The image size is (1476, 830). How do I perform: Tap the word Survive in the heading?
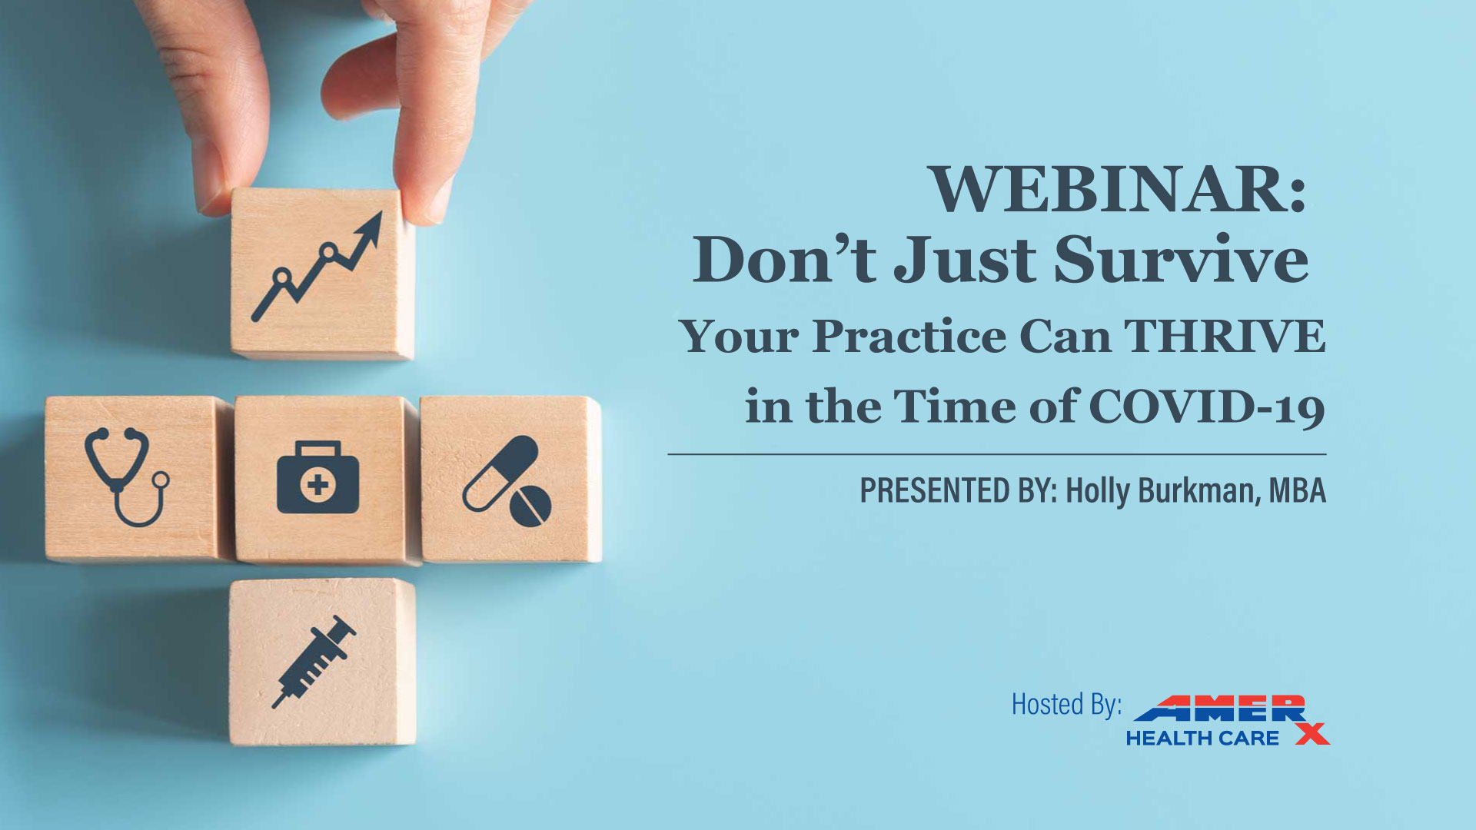pos(1181,260)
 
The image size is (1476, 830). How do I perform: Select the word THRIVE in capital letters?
pos(1225,336)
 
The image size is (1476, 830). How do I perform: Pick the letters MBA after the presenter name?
pos(1298,490)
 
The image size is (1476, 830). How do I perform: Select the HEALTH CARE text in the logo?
pos(1202,739)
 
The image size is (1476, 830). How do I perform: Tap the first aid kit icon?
pos(317,477)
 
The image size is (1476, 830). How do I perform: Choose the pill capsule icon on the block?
pos(500,473)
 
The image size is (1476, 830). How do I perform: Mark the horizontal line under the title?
pos(997,454)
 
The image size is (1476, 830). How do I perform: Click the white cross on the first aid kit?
pos(318,485)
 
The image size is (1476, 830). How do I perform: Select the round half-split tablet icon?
pos(530,505)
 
